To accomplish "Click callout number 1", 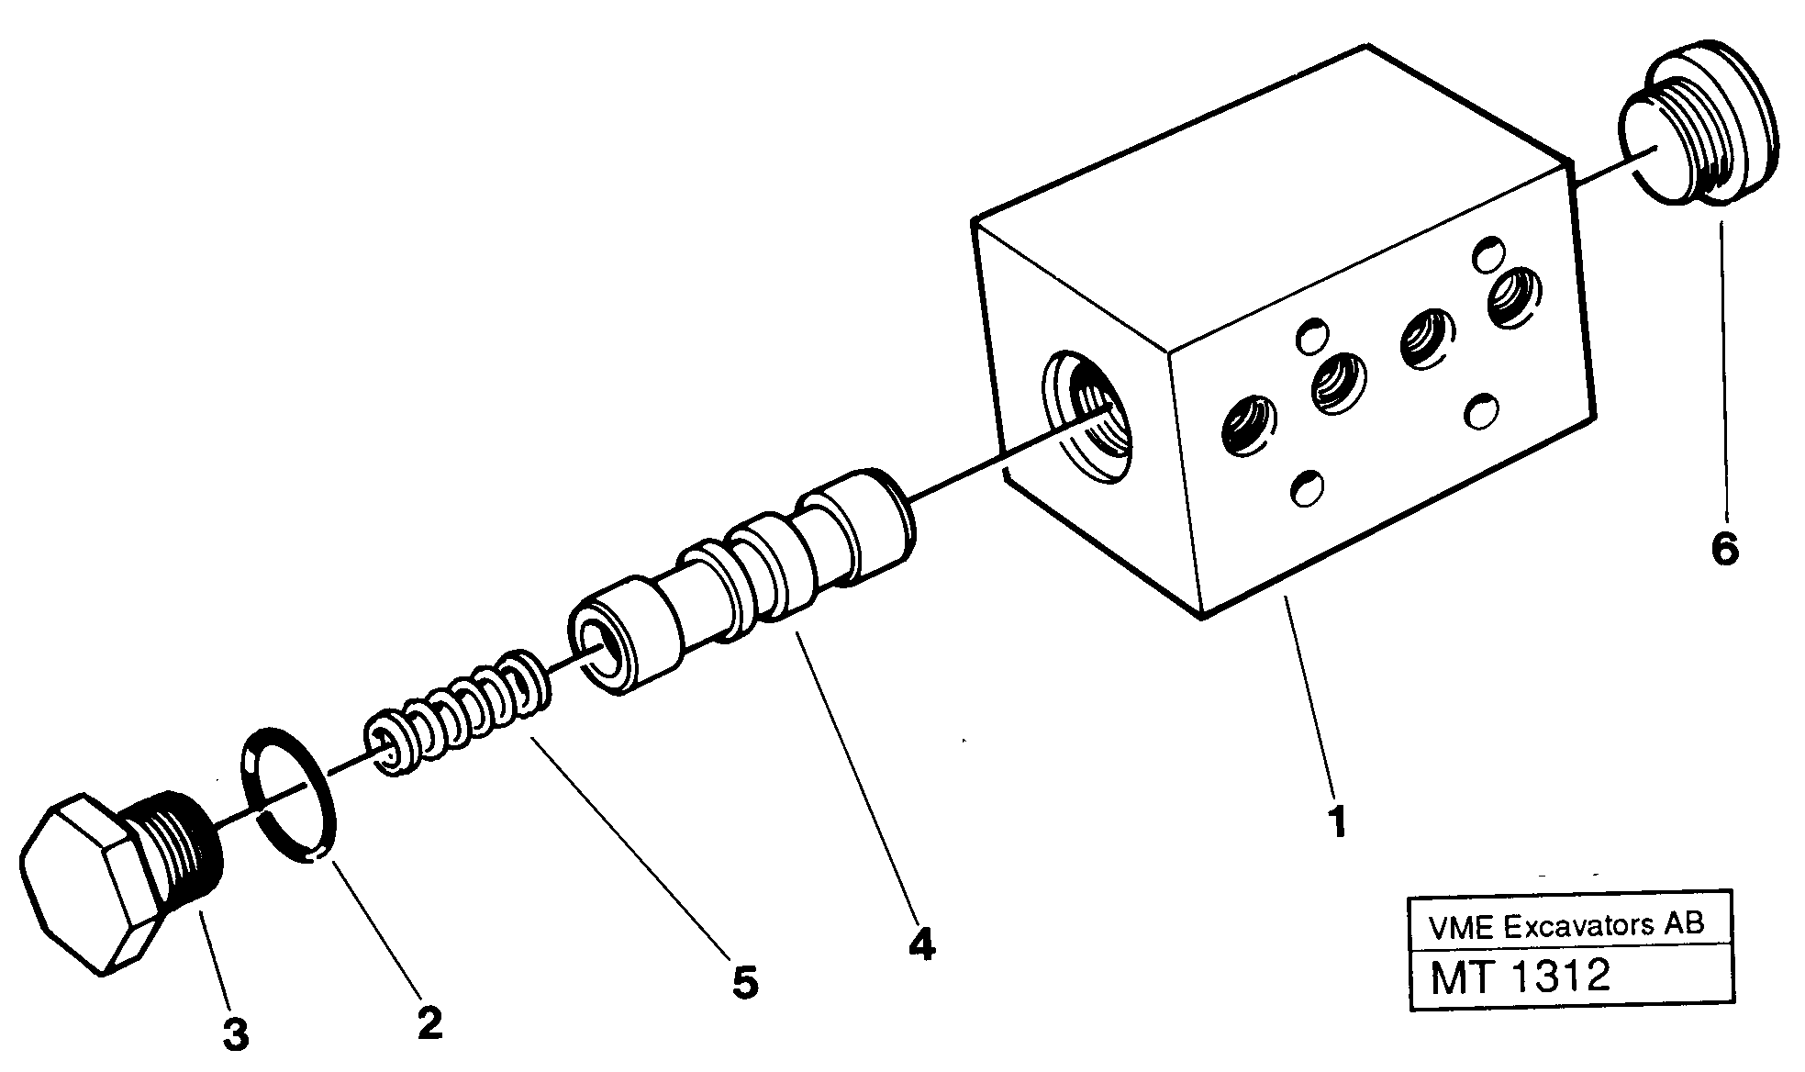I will tap(1339, 821).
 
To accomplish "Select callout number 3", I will tap(235, 1035).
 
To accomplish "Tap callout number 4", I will tap(920, 944).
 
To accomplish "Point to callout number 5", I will tap(744, 982).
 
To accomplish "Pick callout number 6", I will tap(1724, 550).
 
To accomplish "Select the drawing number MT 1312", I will tap(1521, 977).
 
